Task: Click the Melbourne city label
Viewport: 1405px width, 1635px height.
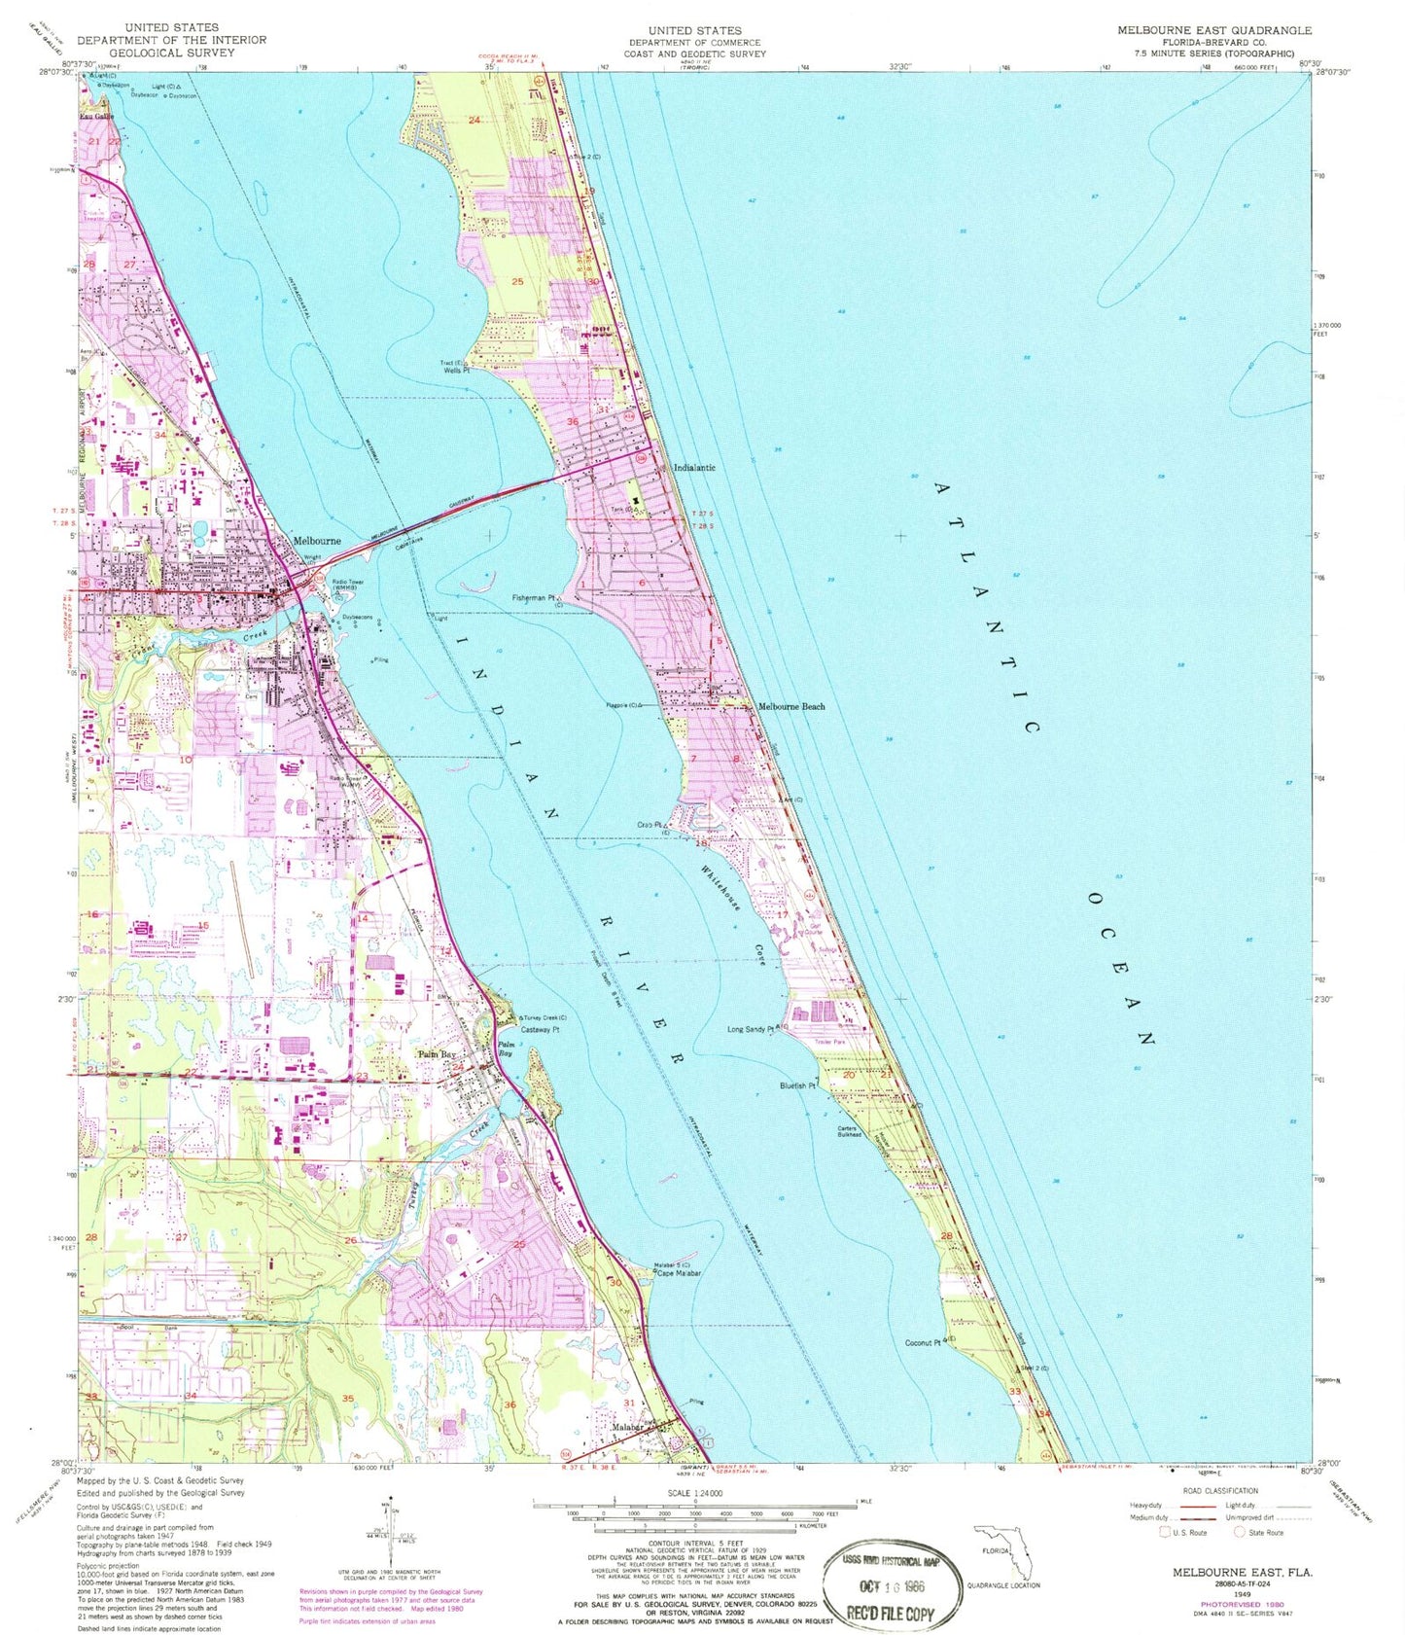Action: pyautogui.click(x=317, y=541)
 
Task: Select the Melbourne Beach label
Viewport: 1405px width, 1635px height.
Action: pyautogui.click(x=791, y=706)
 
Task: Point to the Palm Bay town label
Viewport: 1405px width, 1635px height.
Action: pyautogui.click(x=437, y=1054)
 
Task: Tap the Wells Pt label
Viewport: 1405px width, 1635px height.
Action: pyautogui.click(x=455, y=371)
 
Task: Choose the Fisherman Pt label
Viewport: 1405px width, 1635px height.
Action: pyautogui.click(x=532, y=598)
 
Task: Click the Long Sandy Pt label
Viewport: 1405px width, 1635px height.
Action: pyautogui.click(x=750, y=1028)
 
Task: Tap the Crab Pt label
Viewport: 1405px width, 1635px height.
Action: pyautogui.click(x=649, y=825)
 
